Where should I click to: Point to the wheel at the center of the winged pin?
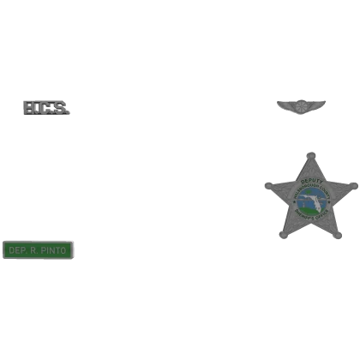[302, 105]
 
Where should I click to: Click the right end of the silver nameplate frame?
[73, 250]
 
